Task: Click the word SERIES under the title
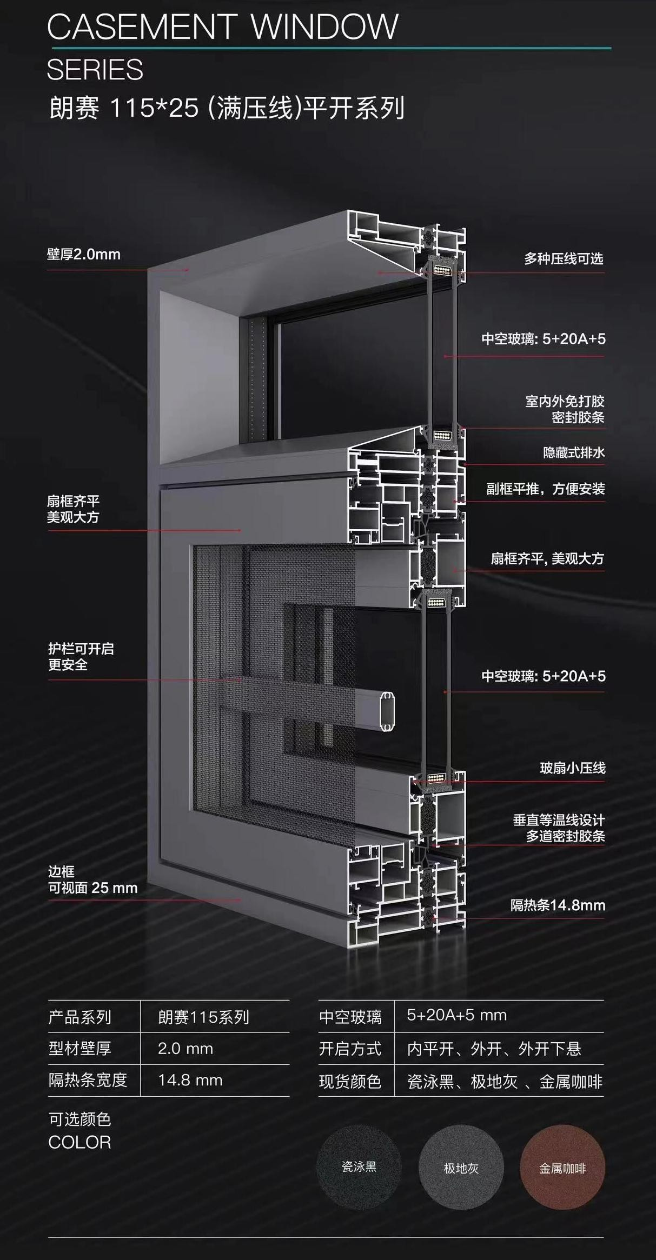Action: tap(95, 70)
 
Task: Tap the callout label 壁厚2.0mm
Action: tap(84, 255)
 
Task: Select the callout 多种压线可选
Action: tap(563, 259)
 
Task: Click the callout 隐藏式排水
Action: tap(573, 452)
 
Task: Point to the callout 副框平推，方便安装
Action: tap(545, 489)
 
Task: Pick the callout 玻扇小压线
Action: tap(572, 768)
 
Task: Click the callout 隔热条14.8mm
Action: tap(558, 905)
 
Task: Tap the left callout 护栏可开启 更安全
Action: tap(81, 657)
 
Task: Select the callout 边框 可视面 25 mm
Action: tap(92, 880)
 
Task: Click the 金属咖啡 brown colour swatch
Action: tap(562, 1168)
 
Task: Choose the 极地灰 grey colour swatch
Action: tap(461, 1168)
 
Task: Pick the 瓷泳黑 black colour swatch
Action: tap(359, 1167)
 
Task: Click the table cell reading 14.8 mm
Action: tap(190, 1081)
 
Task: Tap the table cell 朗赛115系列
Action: tap(203, 1018)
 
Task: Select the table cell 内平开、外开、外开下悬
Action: tap(494, 1049)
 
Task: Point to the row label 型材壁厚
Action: tap(79, 1049)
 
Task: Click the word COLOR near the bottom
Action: tap(79, 1143)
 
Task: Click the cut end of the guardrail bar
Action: tap(388, 711)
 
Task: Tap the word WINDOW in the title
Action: tap(325, 27)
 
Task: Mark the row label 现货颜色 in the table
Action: tap(350, 1082)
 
